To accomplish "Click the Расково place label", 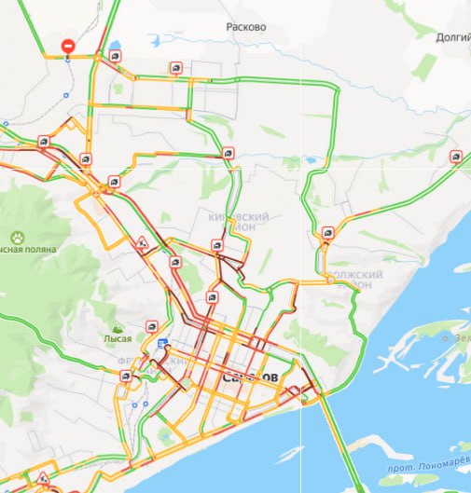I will tap(246, 27).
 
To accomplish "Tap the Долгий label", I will tap(451, 37).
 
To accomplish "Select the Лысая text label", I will tap(118, 340).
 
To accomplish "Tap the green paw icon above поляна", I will tap(17, 237).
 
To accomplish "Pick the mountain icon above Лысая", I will tap(118, 328).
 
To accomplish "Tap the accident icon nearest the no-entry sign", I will tap(114, 56).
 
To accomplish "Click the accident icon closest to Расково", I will tap(175, 67).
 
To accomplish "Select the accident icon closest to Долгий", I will tap(455, 156).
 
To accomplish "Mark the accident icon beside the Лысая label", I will tap(152, 327).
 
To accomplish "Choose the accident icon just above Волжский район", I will tap(327, 233).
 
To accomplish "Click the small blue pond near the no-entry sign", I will tap(115, 44).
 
